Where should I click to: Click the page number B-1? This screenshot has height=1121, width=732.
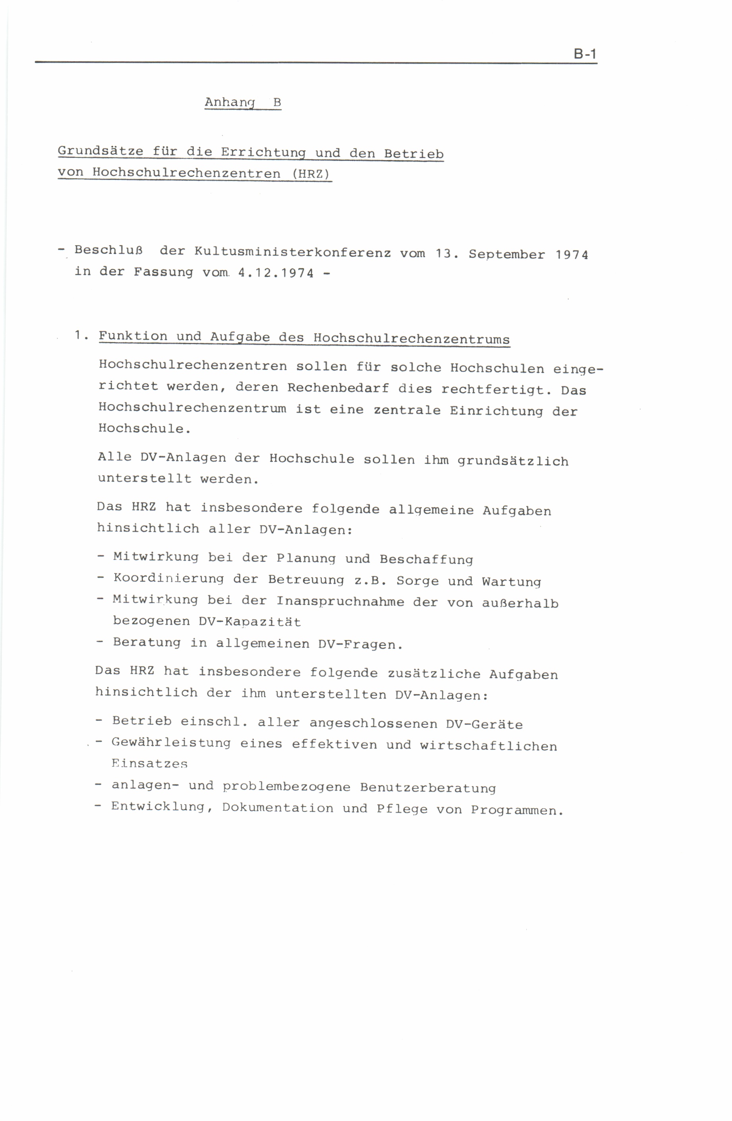point(585,54)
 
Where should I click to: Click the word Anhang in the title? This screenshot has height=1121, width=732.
point(230,102)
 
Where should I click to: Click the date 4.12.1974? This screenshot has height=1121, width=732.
point(276,273)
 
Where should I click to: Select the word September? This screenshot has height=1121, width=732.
point(506,255)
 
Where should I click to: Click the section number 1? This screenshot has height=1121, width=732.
point(80,335)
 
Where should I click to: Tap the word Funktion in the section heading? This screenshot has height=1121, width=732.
point(133,336)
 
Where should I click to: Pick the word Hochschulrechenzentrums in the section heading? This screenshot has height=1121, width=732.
point(411,339)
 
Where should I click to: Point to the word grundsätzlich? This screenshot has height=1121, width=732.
point(513,461)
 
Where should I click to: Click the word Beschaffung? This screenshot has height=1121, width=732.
point(426,560)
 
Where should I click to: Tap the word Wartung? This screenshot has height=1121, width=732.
point(511,582)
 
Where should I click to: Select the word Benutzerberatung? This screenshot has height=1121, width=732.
point(428,788)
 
